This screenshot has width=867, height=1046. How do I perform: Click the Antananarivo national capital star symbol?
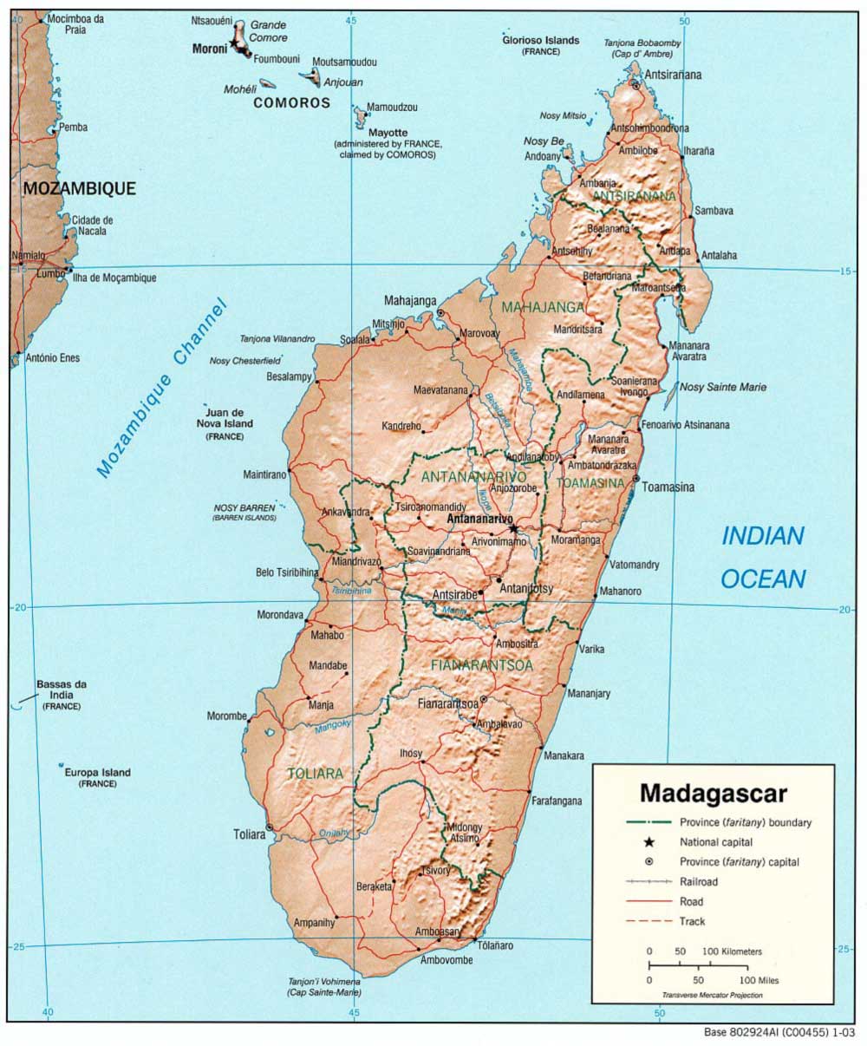[513, 527]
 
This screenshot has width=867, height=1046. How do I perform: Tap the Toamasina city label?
[668, 487]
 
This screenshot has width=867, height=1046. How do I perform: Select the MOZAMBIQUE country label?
[79, 188]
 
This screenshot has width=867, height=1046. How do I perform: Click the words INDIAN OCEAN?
[763, 557]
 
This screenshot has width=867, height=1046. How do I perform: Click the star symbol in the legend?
[648, 841]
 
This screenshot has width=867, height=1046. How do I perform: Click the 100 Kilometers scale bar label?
[732, 951]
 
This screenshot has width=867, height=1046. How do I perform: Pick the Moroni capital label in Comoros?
[209, 49]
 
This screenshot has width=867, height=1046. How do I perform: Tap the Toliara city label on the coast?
[248, 834]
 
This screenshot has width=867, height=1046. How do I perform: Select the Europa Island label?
[97, 772]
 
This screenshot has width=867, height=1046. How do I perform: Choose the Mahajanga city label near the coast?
[410, 300]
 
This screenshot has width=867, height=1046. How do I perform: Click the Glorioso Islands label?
[540, 40]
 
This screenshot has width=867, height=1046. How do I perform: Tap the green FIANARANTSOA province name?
[481, 664]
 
